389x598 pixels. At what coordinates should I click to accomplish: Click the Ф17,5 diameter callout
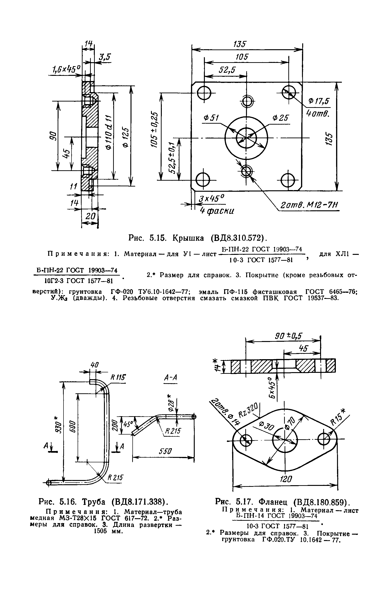(319, 101)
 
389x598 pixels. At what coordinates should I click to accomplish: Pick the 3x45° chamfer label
(212, 199)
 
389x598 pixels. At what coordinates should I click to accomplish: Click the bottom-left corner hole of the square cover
(203, 180)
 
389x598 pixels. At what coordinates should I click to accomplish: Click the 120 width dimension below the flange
(286, 479)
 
